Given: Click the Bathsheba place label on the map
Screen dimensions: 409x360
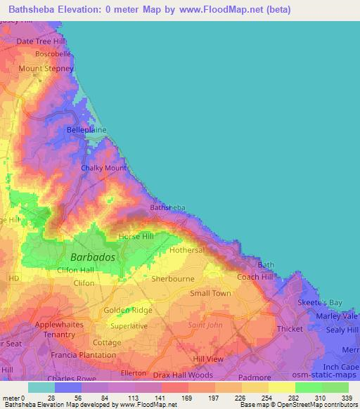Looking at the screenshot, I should pyautogui.click(x=167, y=208).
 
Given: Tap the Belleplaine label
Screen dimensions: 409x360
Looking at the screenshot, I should pyautogui.click(x=86, y=130).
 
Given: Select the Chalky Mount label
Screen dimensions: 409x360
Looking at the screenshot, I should pyautogui.click(x=103, y=169).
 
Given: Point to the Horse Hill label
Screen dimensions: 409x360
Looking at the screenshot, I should pyautogui.click(x=135, y=237).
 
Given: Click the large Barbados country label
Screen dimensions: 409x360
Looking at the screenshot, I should pyautogui.click(x=92, y=258).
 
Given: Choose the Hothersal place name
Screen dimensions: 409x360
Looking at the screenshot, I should pyautogui.click(x=186, y=250).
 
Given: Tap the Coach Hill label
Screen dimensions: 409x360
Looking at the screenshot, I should pyautogui.click(x=255, y=277).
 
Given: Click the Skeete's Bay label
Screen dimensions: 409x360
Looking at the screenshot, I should pyautogui.click(x=319, y=302).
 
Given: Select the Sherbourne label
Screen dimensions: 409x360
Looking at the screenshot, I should pyautogui.click(x=172, y=278).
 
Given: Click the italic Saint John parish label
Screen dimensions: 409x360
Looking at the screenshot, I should pyautogui.click(x=205, y=325).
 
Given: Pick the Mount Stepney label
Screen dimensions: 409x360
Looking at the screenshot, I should pyautogui.click(x=41, y=68).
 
